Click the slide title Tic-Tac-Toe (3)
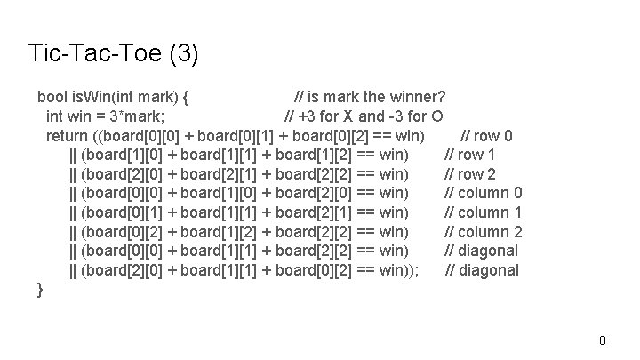pos(114,54)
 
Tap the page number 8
pos(603,340)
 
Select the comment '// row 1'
pos(470,155)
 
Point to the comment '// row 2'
pos(470,174)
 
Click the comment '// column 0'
pos(483,193)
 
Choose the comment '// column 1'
pos(483,212)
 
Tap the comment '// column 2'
pos(483,232)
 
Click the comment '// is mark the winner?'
pos(370,96)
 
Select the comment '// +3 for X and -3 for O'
pos(364,116)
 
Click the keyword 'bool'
pos(52,96)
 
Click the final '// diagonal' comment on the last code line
pos(482,270)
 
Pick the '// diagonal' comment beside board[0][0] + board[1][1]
pos(482,251)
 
